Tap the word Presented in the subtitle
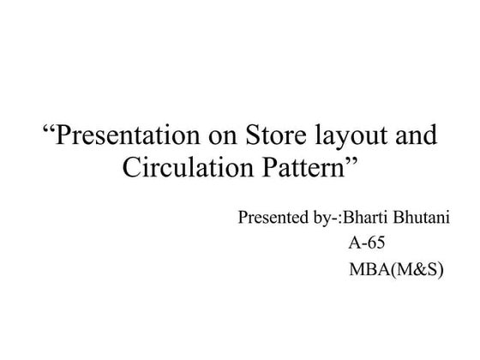pos(269,217)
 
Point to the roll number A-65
pos(366,243)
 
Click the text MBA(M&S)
pos(396,269)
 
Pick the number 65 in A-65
pos(375,243)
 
